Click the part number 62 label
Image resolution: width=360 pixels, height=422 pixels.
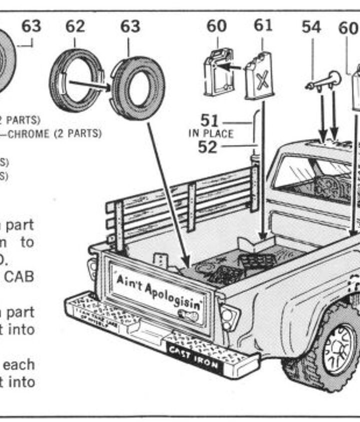click(x=75, y=26)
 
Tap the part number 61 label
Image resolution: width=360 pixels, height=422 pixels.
click(x=262, y=25)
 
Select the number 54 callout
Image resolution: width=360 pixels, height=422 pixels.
click(x=311, y=27)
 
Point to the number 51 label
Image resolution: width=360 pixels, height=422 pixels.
click(x=210, y=121)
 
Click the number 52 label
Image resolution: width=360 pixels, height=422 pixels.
click(x=207, y=147)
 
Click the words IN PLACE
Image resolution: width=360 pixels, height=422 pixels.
click(x=210, y=134)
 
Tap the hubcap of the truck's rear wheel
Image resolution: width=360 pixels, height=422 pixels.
click(x=339, y=350)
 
